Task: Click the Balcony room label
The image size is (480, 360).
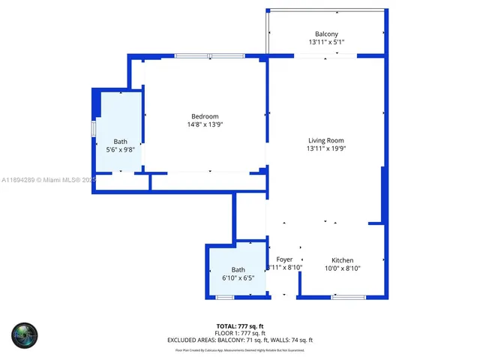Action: pos(326,34)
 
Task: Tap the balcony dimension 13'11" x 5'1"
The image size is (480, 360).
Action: pos(326,43)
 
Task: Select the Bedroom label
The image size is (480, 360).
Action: pos(205,116)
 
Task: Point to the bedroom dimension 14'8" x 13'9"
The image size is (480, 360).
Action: pos(205,124)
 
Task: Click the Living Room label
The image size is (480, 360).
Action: pos(326,140)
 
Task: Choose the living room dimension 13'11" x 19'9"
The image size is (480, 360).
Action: pos(326,148)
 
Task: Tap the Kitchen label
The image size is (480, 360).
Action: pos(342,260)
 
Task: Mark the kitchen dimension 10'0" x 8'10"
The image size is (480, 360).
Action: pos(342,268)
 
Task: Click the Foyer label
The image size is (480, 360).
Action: pos(284,259)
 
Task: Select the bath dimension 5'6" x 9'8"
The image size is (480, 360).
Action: pos(121,150)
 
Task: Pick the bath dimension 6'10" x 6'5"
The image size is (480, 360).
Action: pos(238,278)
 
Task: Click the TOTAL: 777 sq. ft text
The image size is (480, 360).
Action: pos(239,326)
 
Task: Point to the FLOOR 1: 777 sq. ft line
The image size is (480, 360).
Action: pos(239,333)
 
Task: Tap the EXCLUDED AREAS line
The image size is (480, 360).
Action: pos(239,340)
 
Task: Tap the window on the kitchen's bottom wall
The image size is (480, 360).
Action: pos(348,298)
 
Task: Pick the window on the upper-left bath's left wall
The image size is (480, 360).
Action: pos(94,128)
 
